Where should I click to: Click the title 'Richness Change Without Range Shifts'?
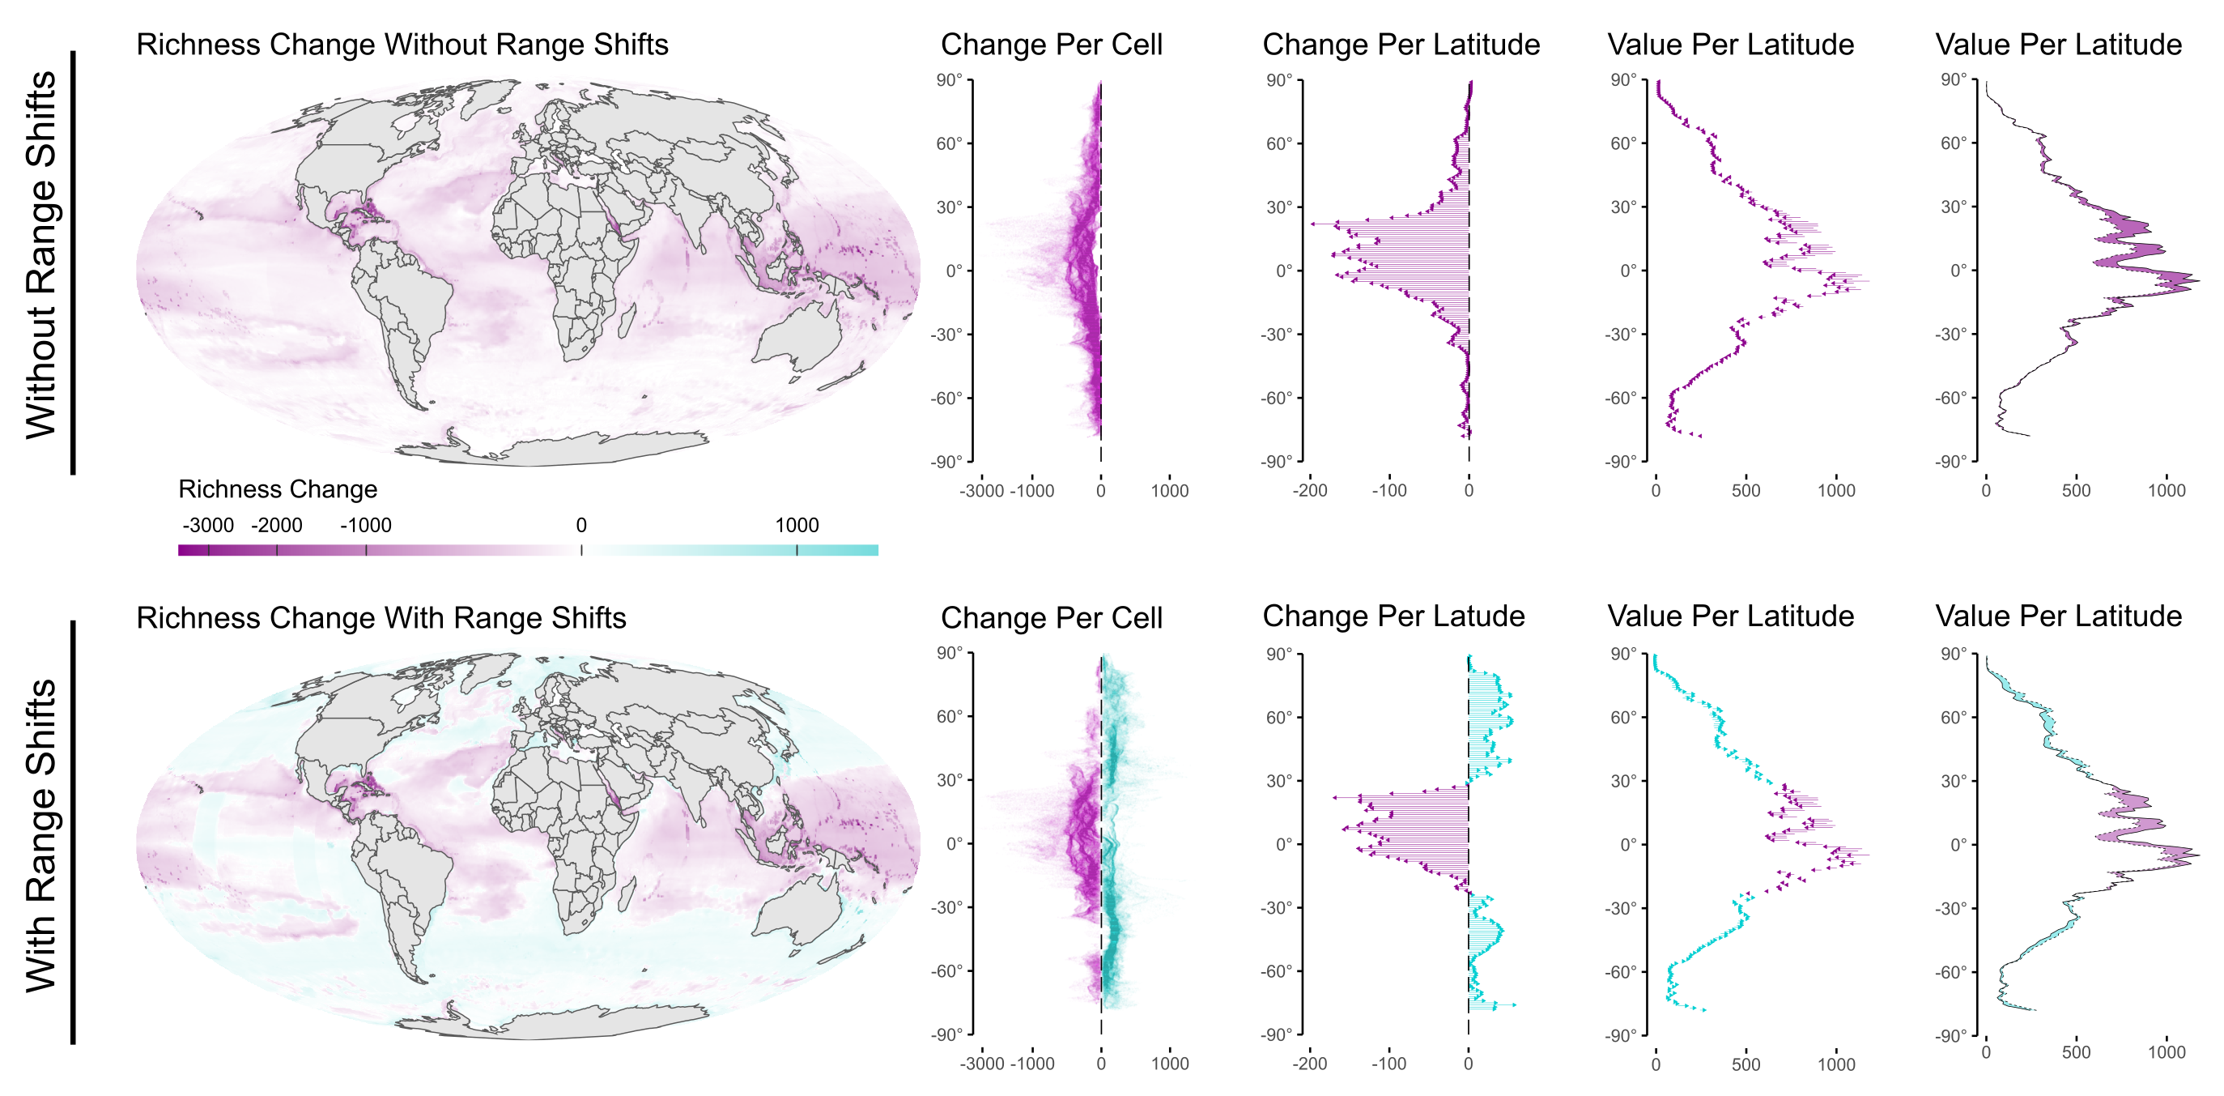pyautogui.click(x=402, y=45)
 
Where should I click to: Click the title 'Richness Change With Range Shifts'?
pyautogui.click(x=381, y=618)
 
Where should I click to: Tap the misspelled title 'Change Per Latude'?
pyautogui.click(x=1393, y=616)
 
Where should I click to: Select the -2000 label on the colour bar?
pyautogui.click(x=276, y=525)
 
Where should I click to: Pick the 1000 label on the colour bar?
pyautogui.click(x=796, y=525)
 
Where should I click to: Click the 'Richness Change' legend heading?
pyautogui.click(x=277, y=490)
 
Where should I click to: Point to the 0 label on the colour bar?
pyautogui.click(x=581, y=525)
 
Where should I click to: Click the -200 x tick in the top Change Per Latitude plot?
pyautogui.click(x=1309, y=491)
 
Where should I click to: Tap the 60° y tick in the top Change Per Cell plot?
pyautogui.click(x=949, y=143)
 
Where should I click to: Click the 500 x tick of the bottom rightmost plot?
pyautogui.click(x=2076, y=1053)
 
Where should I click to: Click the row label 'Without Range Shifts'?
pyautogui.click(x=40, y=255)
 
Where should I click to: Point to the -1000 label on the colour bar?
pyautogui.click(x=365, y=525)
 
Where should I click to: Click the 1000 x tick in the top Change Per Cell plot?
pyautogui.click(x=1169, y=491)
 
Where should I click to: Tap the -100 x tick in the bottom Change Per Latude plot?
pyautogui.click(x=1388, y=1064)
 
